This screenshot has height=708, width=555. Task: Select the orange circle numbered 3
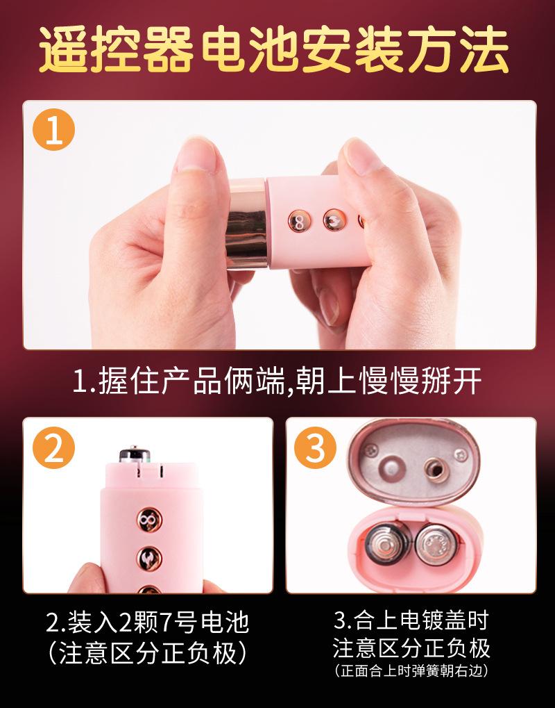pyautogui.click(x=316, y=450)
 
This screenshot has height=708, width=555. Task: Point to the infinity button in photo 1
pyautogui.click(x=298, y=222)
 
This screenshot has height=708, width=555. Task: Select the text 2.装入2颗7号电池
pyautogui.click(x=147, y=623)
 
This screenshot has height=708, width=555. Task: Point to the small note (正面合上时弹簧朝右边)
pyautogui.click(x=411, y=671)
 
